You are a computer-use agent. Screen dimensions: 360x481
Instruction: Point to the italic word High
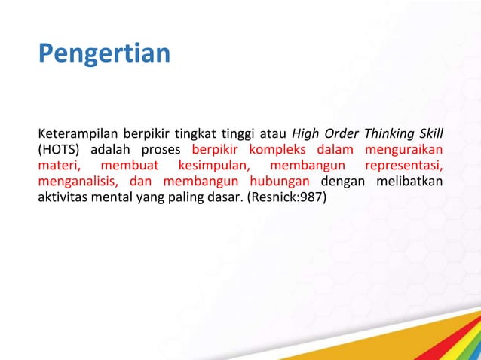click(x=306, y=135)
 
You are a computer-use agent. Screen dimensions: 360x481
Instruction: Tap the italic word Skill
click(x=430, y=135)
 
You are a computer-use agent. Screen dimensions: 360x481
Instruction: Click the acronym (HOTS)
click(x=60, y=151)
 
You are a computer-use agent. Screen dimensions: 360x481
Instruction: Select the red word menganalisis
click(x=78, y=182)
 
